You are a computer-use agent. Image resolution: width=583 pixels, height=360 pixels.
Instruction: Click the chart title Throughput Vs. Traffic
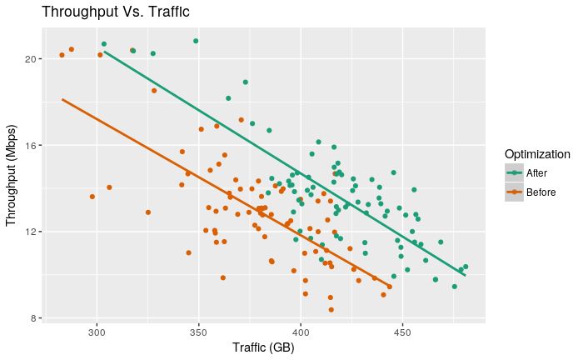[x=115, y=12]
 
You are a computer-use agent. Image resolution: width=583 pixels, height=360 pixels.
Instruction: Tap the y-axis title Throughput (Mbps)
[x=12, y=175]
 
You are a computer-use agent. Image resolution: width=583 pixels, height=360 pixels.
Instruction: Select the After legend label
[x=536, y=173]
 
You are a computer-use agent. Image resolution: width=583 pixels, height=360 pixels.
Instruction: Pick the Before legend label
[x=541, y=192]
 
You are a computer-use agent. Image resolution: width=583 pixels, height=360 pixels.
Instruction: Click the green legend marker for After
[x=514, y=173]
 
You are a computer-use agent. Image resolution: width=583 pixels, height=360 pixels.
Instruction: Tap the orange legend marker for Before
[x=514, y=192]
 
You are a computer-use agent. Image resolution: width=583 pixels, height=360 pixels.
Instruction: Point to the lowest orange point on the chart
[x=331, y=310]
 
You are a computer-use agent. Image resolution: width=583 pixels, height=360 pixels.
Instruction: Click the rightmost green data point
[x=466, y=267]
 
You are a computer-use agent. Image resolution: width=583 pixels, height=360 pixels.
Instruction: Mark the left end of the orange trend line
[x=62, y=99]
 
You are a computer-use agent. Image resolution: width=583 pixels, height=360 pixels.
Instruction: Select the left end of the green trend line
[x=103, y=50]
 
